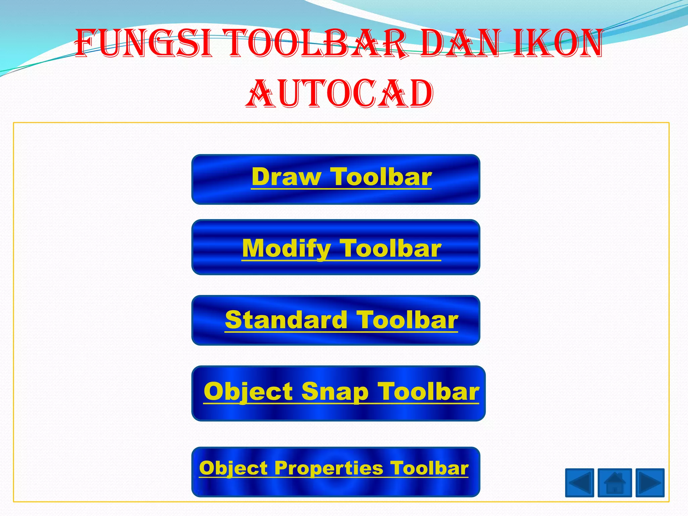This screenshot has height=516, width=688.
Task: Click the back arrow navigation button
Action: coord(579,483)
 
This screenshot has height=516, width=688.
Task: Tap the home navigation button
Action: coord(614,483)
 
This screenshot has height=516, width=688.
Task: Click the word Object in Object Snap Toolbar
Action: coord(249,392)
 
